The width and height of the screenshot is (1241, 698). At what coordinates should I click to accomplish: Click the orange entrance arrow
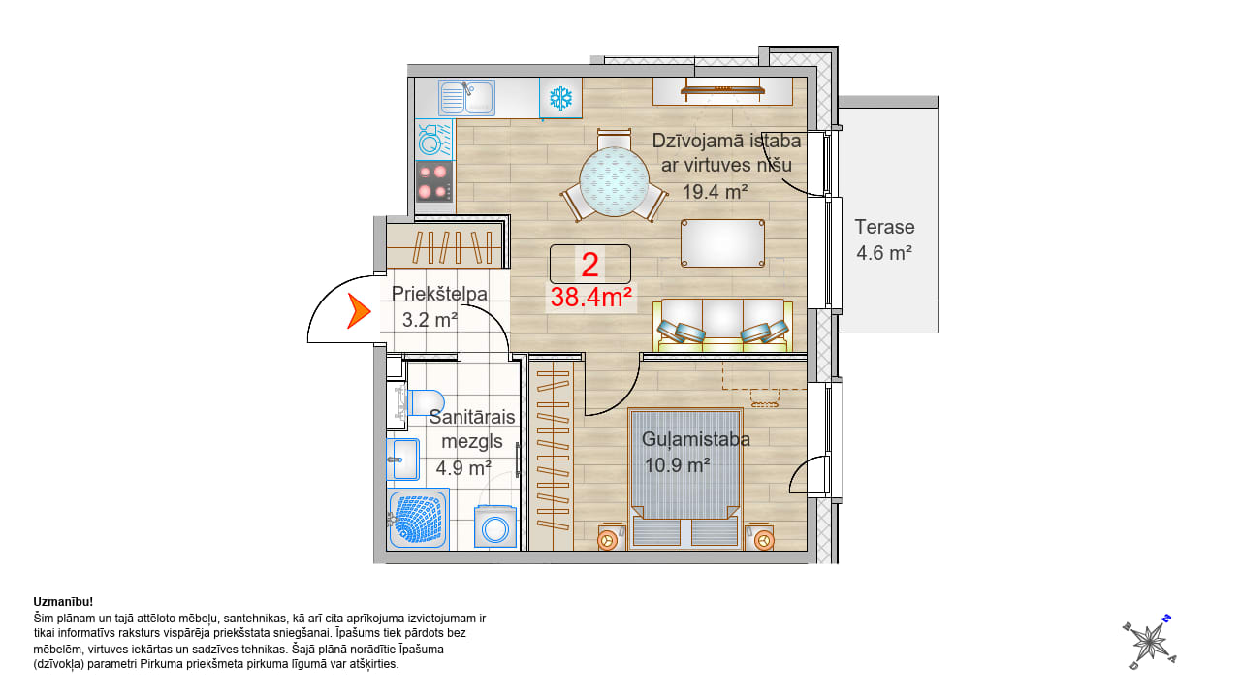pyautogui.click(x=358, y=311)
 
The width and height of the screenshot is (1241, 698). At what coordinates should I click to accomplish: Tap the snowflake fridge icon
pyautogui.click(x=560, y=98)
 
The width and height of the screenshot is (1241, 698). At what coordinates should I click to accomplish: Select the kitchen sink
pyautogui.click(x=466, y=98)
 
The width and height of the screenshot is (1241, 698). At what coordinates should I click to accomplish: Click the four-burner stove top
pyautogui.click(x=433, y=181)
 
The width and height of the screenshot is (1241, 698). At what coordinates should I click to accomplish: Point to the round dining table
pyautogui.click(x=614, y=181)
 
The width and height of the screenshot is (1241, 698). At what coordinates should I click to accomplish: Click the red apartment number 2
pyautogui.click(x=590, y=265)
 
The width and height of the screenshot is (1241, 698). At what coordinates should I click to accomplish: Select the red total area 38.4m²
pyautogui.click(x=591, y=298)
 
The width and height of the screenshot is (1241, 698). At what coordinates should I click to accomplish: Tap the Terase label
pyautogui.click(x=884, y=227)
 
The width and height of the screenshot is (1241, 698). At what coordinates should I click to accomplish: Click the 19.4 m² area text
pyautogui.click(x=716, y=192)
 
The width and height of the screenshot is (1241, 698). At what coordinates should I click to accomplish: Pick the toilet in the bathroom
pyautogui.click(x=420, y=402)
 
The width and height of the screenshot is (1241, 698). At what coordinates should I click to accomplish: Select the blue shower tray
pyautogui.click(x=418, y=519)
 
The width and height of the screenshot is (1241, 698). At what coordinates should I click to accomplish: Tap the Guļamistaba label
pyautogui.click(x=696, y=440)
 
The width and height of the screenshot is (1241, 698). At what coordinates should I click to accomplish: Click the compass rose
pyautogui.click(x=1150, y=643)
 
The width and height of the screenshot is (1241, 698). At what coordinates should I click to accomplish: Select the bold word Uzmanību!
pyautogui.click(x=63, y=602)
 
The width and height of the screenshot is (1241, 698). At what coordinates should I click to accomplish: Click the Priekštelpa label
pyautogui.click(x=439, y=294)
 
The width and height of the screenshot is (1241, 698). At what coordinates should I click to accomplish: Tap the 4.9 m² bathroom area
pyautogui.click(x=463, y=468)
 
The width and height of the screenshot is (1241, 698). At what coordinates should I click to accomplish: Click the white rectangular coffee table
pyautogui.click(x=722, y=243)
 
